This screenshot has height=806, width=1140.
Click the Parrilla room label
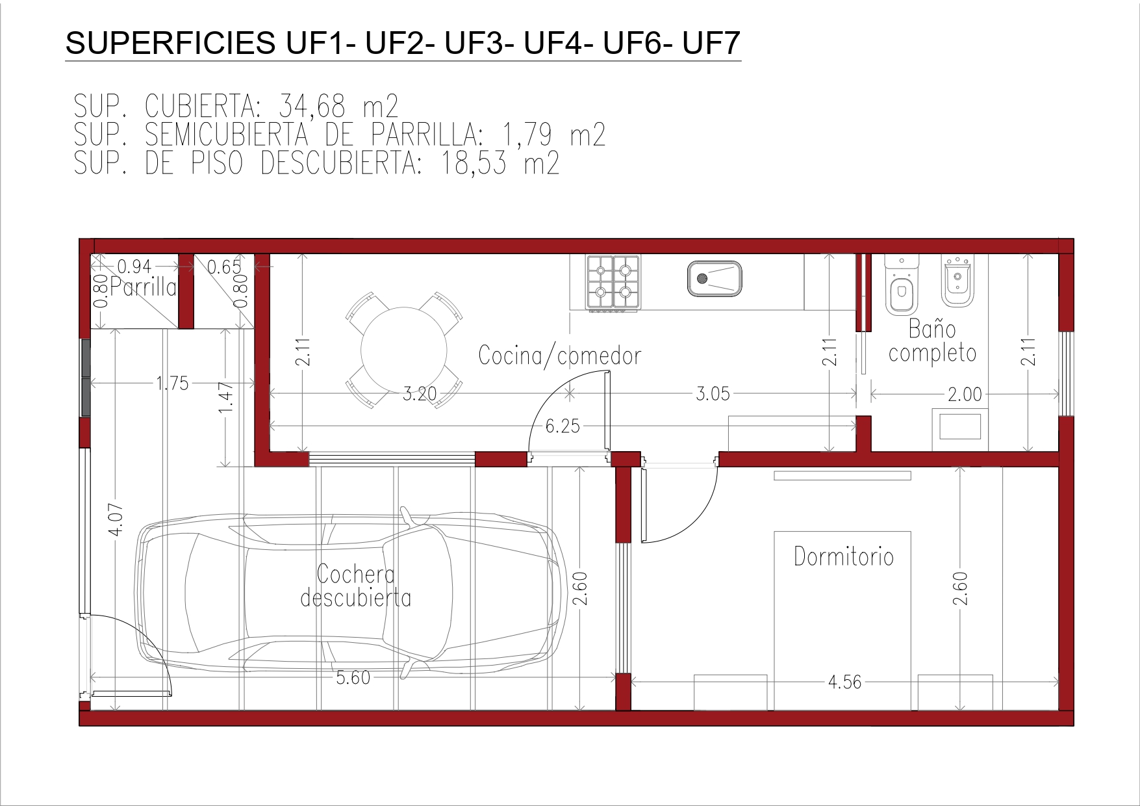point(143,287)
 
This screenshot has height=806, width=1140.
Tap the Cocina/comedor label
point(559,356)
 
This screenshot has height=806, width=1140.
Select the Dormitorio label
point(844,556)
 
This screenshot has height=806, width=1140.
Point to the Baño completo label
point(932,341)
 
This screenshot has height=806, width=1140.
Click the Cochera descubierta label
point(356,586)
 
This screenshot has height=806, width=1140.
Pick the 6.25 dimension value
point(563,426)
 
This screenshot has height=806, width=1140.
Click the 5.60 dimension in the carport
point(353,677)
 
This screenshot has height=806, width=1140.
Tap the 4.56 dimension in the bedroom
point(844,682)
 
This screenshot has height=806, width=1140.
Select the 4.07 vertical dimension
point(116,519)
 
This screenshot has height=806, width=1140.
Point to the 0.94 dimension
point(134,266)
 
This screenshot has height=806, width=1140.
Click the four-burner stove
point(613,281)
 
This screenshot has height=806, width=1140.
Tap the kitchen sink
point(715,279)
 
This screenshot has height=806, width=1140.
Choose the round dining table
point(404,350)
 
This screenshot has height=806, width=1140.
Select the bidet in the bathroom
point(957,281)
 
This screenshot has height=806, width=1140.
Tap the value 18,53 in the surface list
point(474,162)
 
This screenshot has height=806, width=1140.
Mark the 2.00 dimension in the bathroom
point(965,394)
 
